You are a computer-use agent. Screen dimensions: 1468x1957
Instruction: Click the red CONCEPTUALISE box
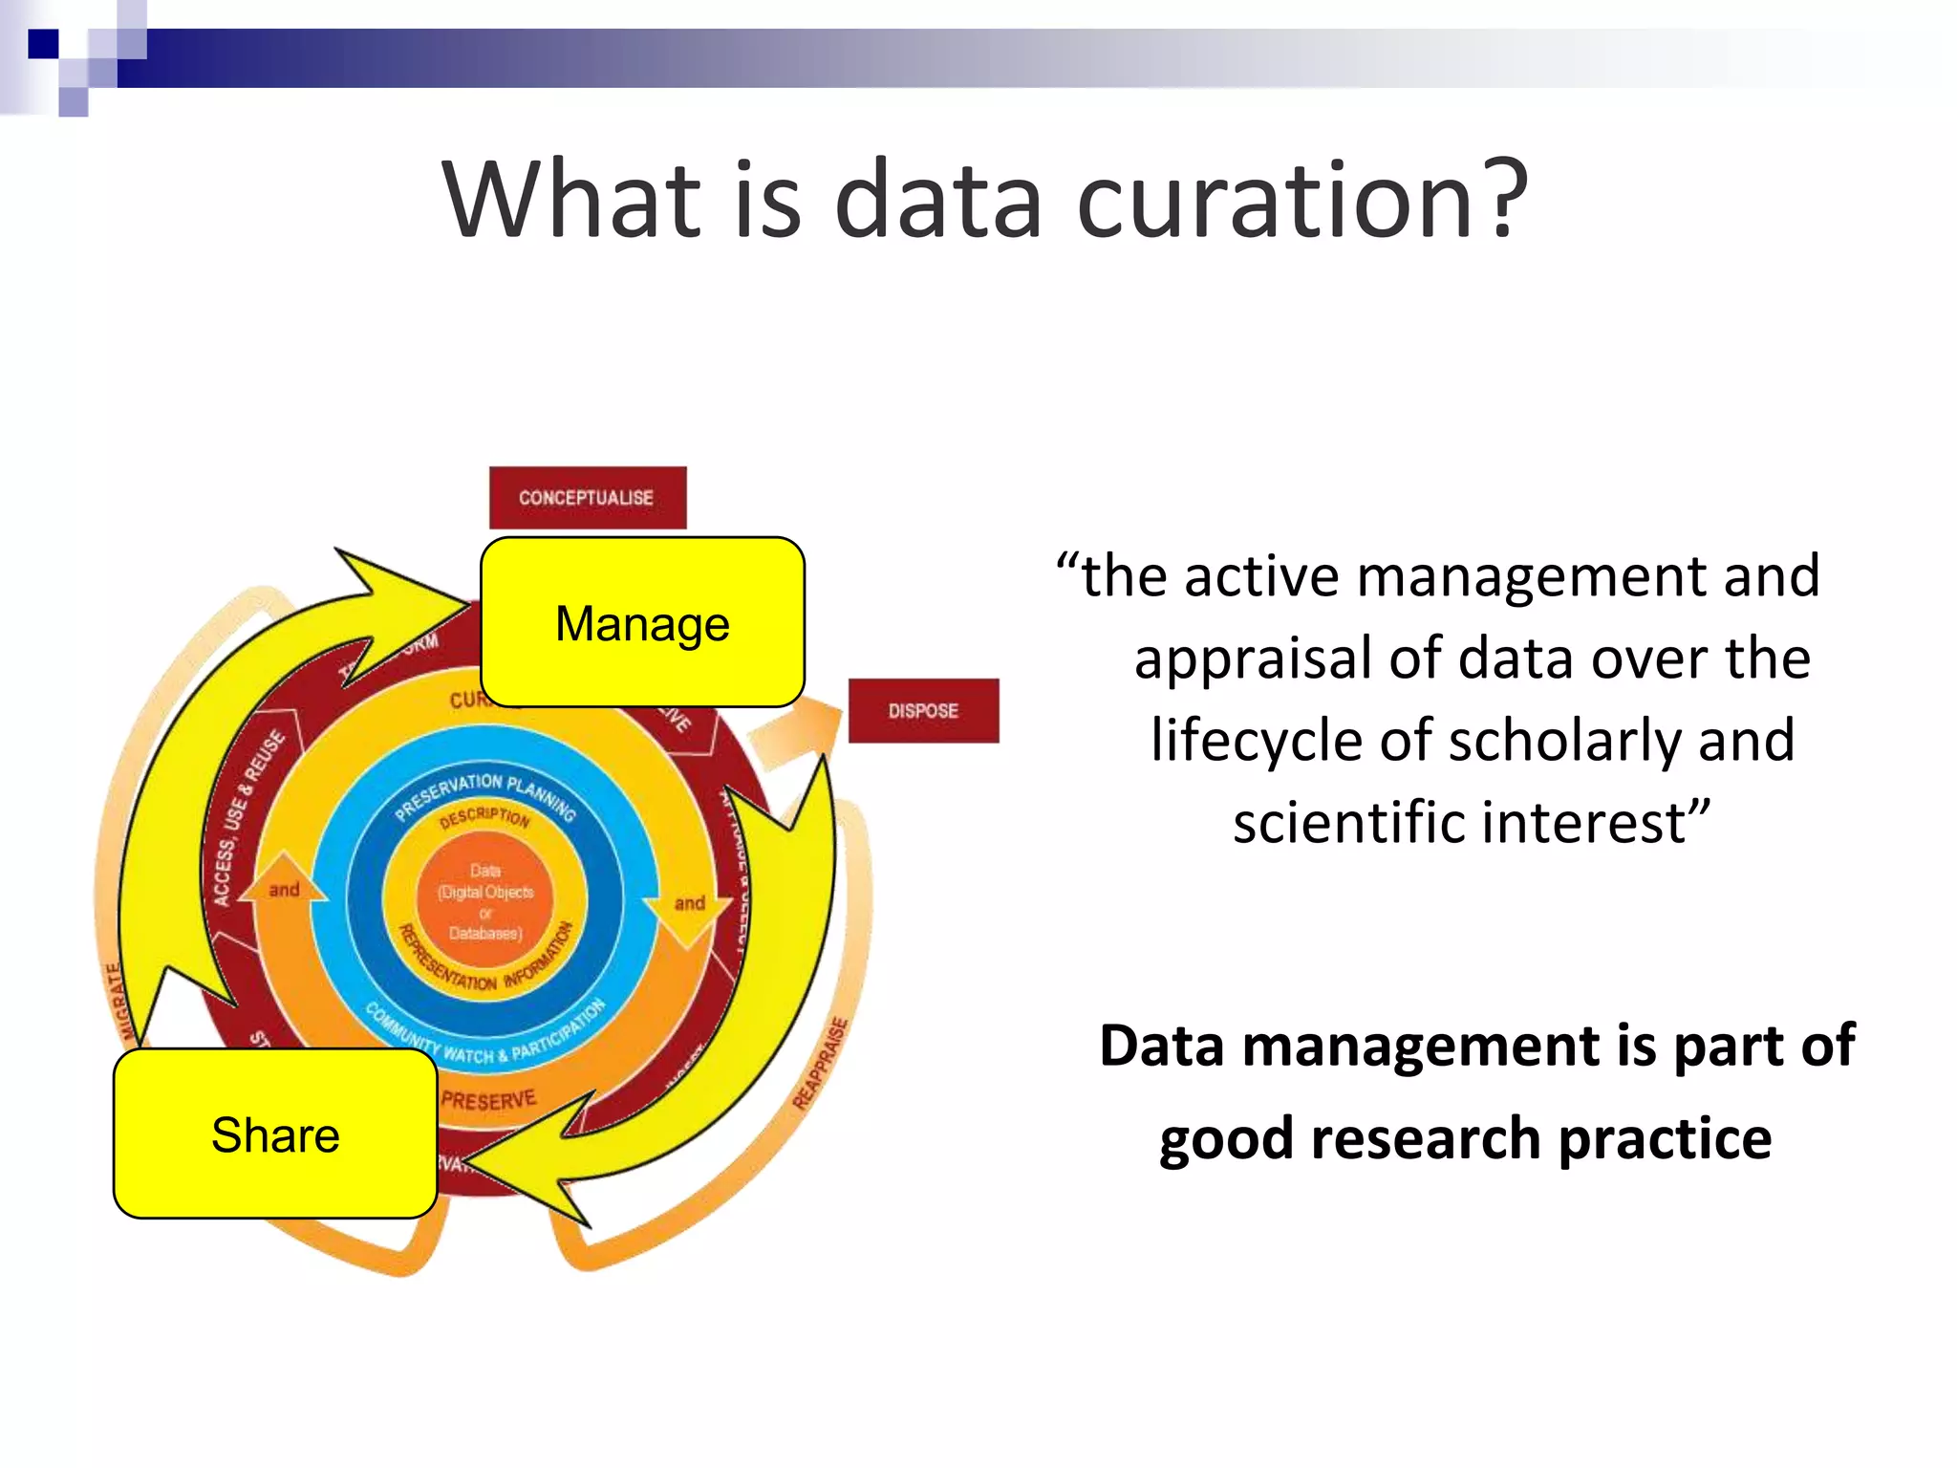pyautogui.click(x=587, y=498)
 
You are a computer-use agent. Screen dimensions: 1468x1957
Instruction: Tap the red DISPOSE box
pyautogui.click(x=923, y=711)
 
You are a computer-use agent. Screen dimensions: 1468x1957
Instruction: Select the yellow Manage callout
pyautogui.click(x=642, y=623)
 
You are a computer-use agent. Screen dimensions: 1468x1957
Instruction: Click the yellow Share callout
pyautogui.click(x=275, y=1134)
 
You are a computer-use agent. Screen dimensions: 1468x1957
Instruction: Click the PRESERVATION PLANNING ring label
pyautogui.click(x=485, y=792)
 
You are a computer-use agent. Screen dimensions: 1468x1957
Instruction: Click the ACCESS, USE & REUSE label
pyautogui.click(x=247, y=818)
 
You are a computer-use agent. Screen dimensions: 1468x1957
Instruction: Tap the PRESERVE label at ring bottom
pyautogui.click(x=488, y=1101)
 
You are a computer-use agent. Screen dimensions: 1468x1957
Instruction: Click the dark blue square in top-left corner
pyautogui.click(x=44, y=44)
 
